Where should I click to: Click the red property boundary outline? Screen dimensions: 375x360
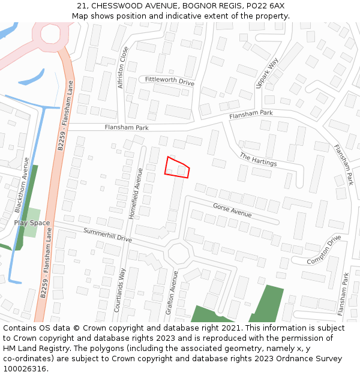click(x=177, y=167)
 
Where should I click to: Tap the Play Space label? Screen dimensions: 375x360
click(x=32, y=223)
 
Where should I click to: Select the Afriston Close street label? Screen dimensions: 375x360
click(x=122, y=68)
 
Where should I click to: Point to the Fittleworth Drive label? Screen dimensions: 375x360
click(x=170, y=80)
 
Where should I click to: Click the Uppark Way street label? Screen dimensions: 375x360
click(x=268, y=73)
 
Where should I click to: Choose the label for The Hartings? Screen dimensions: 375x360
click(x=258, y=160)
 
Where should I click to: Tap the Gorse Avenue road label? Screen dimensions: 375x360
click(x=232, y=210)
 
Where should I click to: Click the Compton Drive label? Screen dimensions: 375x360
click(x=324, y=250)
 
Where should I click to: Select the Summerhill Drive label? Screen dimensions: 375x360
click(x=107, y=234)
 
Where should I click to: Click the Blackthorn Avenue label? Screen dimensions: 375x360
click(x=21, y=185)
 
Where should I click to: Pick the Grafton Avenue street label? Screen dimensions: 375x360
click(x=172, y=292)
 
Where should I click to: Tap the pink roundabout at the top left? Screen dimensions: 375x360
click(x=51, y=34)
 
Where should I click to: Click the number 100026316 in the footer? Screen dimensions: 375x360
click(x=25, y=368)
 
